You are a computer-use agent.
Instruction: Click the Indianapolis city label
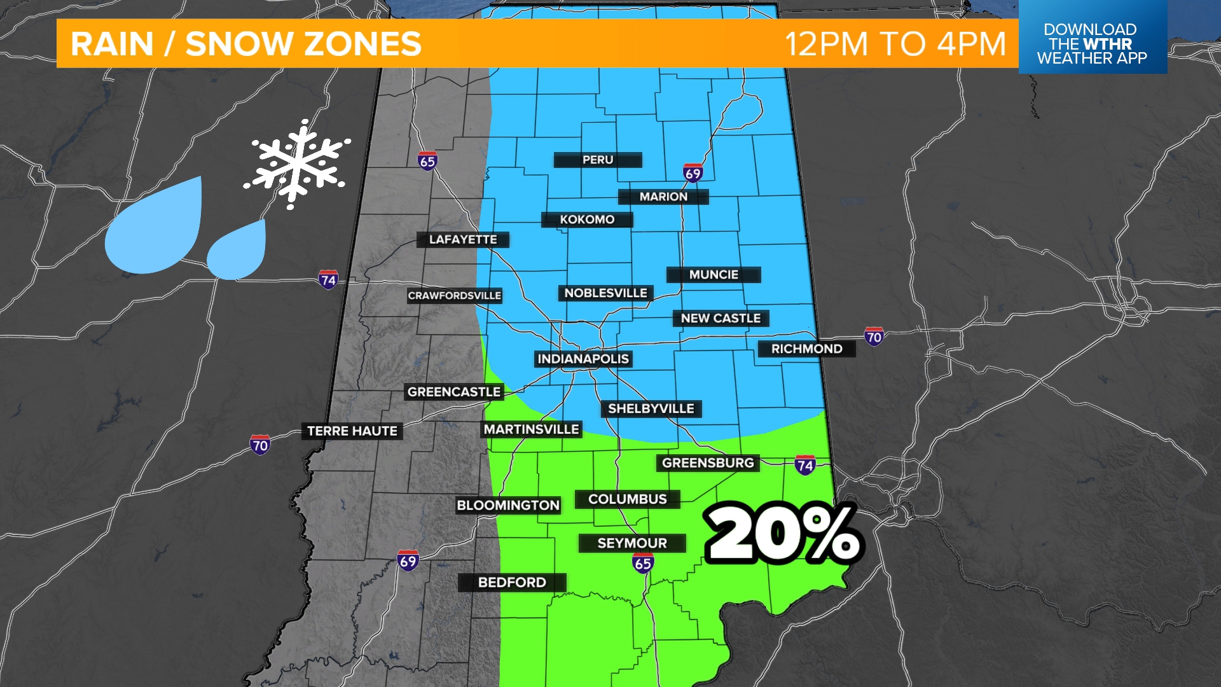(583, 359)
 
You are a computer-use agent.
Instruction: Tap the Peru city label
(598, 160)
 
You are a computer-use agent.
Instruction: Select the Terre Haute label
(352, 431)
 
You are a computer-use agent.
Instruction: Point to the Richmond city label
(806, 349)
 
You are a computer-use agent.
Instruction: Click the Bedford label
(512, 582)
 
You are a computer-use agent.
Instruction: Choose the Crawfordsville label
(454, 296)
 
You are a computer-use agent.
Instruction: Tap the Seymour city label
(632, 543)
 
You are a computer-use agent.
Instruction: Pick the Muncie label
(714, 275)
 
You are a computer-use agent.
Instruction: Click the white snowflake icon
(297, 163)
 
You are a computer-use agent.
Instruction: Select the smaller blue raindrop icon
(238, 251)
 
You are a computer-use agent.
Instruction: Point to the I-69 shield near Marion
(693, 173)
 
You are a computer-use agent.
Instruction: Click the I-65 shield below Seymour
(643, 563)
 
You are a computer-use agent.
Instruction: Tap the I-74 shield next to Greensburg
(805, 465)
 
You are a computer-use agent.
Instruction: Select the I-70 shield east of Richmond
(874, 337)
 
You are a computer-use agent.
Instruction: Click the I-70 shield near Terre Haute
(259, 445)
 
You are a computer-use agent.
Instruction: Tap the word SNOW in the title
(235, 44)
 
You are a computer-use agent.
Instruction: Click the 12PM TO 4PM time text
(895, 44)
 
